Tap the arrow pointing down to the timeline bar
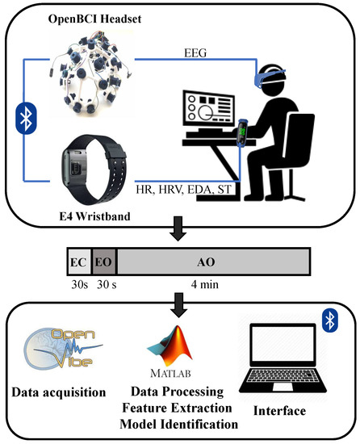(x=178, y=233)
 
